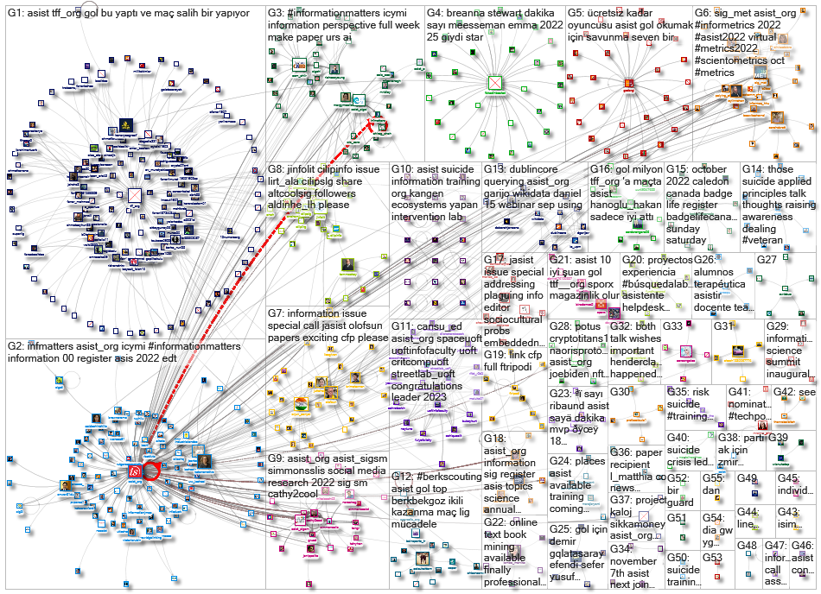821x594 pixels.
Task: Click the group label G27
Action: click(x=767, y=259)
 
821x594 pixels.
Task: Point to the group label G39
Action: click(x=778, y=438)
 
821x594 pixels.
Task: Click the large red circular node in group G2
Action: click(x=150, y=469)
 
